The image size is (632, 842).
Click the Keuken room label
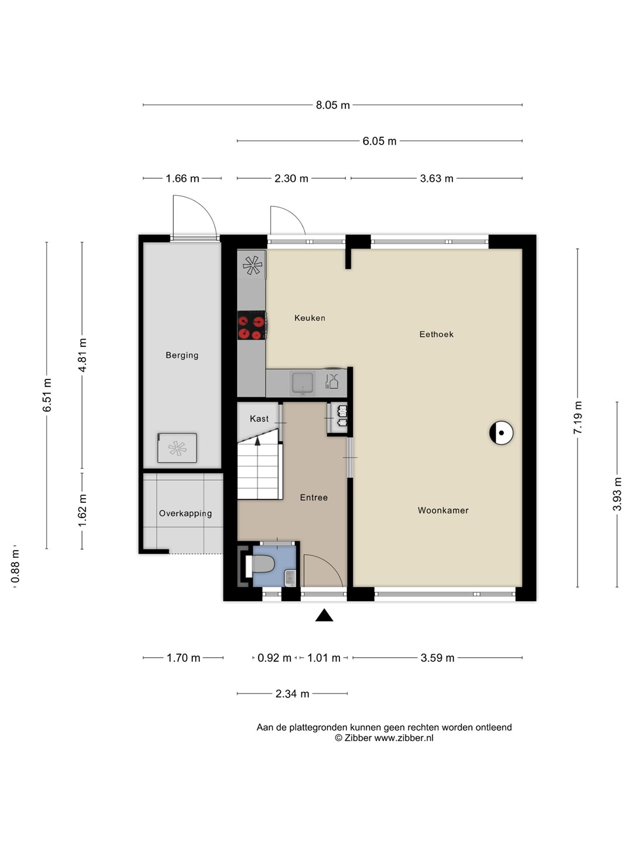[x=310, y=318]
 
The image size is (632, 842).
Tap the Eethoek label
[x=437, y=334]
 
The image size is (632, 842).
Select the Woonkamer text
[x=443, y=510]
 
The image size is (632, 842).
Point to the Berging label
[x=182, y=355]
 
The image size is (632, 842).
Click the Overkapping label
[x=186, y=513]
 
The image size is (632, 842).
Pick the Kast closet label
[x=259, y=419]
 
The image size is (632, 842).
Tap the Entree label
[x=314, y=498]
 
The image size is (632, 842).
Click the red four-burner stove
[x=252, y=325]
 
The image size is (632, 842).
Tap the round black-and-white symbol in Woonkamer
[x=501, y=433]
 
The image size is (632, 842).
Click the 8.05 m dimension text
[x=333, y=105]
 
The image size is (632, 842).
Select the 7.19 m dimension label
[x=578, y=417]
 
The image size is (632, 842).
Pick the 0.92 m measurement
[x=274, y=658]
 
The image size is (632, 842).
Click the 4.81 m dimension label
[x=82, y=355]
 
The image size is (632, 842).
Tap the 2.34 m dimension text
[x=293, y=693]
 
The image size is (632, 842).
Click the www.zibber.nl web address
[x=404, y=738]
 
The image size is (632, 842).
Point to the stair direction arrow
[x=257, y=441]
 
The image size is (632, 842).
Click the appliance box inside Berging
[x=177, y=448]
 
